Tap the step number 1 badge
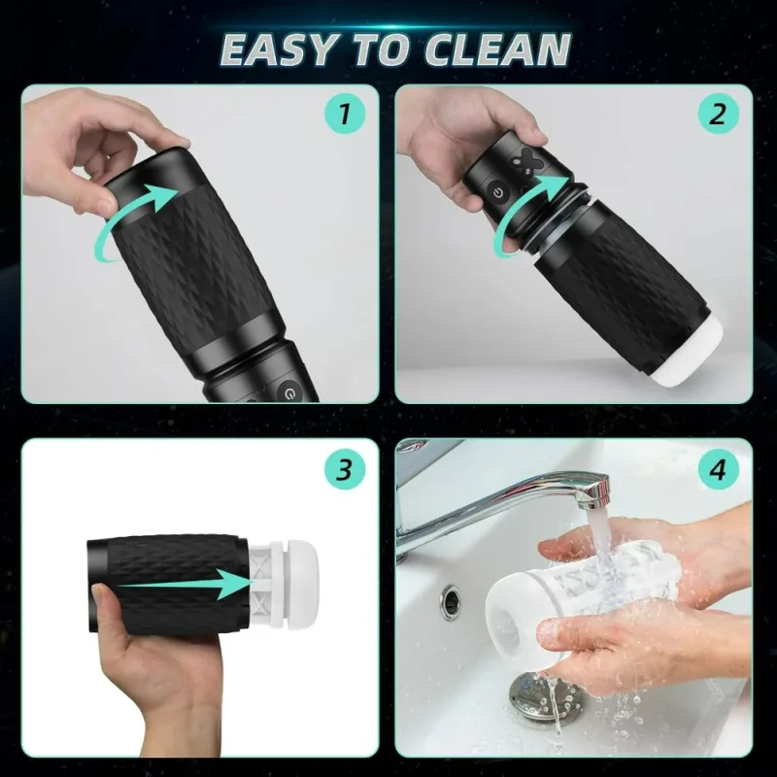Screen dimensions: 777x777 point(344,116)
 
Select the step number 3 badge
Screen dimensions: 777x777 point(344,470)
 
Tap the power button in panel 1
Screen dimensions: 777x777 point(287,392)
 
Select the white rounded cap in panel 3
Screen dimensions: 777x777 point(310,575)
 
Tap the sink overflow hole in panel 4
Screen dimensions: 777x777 point(449,602)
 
